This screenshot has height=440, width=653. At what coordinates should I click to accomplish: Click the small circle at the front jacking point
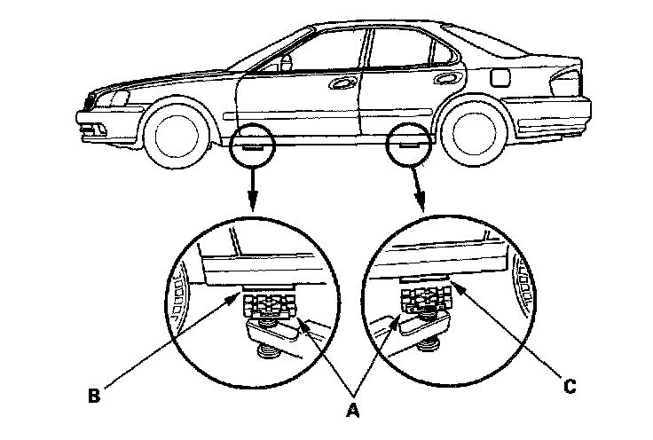250,145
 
